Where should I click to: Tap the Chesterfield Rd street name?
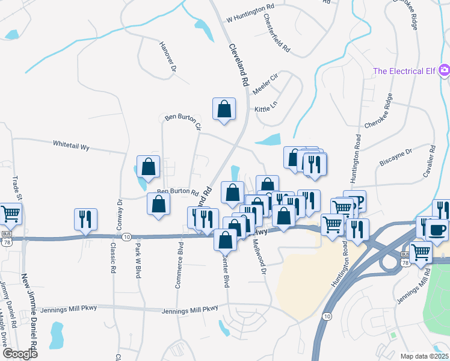(277, 37)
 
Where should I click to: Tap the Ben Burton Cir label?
(182, 120)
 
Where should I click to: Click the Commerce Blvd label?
(179, 265)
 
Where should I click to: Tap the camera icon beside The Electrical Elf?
(444, 70)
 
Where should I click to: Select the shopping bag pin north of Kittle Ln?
(224, 109)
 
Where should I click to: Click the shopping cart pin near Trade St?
(10, 214)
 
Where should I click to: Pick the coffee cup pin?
(437, 229)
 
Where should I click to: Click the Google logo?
(20, 354)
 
